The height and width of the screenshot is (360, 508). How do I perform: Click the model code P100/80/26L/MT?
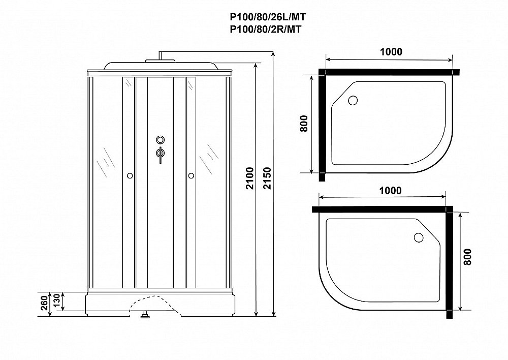(x=268, y=17)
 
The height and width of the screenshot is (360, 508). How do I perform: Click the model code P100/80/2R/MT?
(x=265, y=29)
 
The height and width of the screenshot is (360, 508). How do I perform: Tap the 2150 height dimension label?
(x=267, y=178)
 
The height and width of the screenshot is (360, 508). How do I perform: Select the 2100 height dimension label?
(x=249, y=178)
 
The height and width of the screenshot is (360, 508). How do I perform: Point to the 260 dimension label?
(x=44, y=303)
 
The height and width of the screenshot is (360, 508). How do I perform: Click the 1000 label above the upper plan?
(x=391, y=51)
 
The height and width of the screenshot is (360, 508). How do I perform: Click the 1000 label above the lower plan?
(x=390, y=190)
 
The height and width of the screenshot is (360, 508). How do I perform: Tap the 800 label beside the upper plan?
(x=304, y=123)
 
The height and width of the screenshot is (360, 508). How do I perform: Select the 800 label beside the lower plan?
(x=467, y=257)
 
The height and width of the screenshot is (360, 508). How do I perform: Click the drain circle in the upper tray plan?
(x=353, y=100)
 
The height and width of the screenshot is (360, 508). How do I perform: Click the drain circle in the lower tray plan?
(x=419, y=237)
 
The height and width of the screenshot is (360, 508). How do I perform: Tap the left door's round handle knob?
(x=130, y=176)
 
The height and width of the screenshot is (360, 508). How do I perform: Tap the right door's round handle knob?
(x=191, y=176)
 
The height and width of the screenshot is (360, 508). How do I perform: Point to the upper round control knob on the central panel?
(x=161, y=140)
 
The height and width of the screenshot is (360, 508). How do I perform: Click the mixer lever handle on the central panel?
(x=160, y=156)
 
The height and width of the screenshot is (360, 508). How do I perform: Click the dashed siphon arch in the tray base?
(x=154, y=301)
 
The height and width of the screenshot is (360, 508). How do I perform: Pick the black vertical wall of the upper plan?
(x=322, y=125)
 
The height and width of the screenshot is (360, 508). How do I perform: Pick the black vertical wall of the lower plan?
(x=450, y=262)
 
